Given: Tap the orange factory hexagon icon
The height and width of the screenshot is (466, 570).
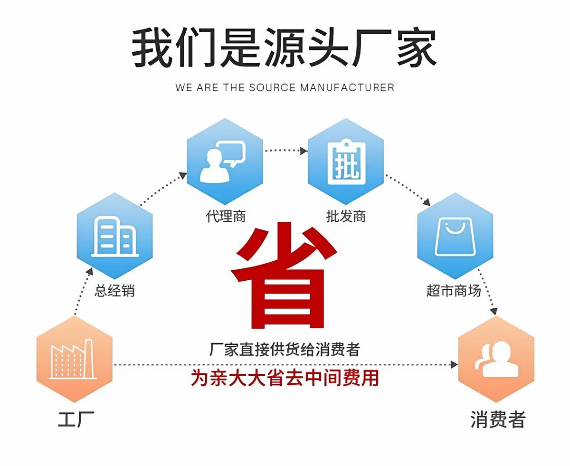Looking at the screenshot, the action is [75, 359].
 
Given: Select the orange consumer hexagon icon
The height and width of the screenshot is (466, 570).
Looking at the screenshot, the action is [496, 359].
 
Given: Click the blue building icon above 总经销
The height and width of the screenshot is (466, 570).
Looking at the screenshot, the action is [115, 236].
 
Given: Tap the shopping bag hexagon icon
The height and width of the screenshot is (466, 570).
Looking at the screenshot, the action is [455, 236].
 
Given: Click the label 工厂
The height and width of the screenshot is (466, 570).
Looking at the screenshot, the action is [76, 419].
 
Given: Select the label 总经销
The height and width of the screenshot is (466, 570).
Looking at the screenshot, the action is [115, 290].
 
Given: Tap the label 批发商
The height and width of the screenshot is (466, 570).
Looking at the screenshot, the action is [346, 217].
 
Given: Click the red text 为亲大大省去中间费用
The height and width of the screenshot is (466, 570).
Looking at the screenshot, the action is [285, 378].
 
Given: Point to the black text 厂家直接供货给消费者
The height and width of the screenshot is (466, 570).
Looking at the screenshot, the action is [285, 350].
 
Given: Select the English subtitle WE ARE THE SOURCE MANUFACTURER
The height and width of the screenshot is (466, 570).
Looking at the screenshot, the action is [285, 87].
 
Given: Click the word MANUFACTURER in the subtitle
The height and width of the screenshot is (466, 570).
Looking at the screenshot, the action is [347, 87].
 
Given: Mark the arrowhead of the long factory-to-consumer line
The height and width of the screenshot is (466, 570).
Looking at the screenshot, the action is [454, 364].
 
